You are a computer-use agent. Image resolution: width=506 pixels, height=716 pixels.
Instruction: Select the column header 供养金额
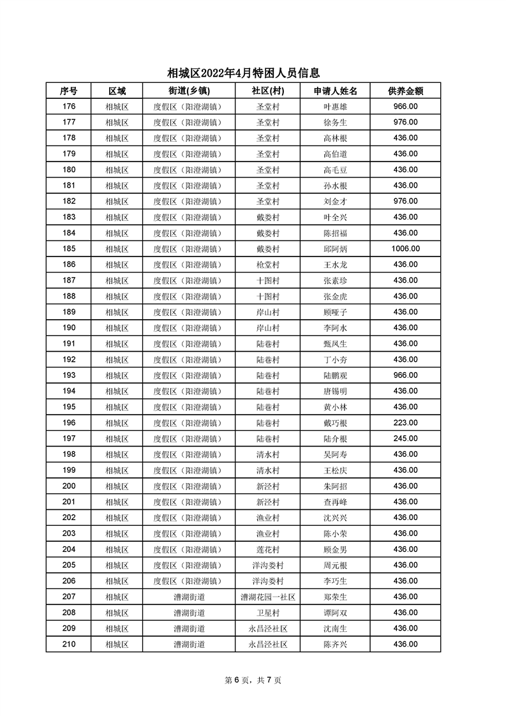(405, 91)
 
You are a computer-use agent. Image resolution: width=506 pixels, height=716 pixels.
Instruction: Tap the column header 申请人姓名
(335, 91)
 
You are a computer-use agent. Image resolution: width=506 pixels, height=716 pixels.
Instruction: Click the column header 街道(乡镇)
(189, 91)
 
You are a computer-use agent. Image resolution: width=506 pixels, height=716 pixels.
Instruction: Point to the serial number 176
(69, 107)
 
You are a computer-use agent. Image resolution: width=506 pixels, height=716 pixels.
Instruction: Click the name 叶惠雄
(335, 107)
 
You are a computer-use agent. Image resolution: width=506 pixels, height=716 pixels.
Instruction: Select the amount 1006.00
(405, 249)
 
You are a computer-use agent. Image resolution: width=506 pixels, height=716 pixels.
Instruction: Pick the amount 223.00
(405, 422)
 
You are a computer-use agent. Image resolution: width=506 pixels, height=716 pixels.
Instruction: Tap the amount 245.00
(405, 438)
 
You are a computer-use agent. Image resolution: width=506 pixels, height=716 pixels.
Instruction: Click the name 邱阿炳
(335, 249)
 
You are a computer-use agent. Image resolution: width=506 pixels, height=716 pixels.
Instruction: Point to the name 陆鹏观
(335, 375)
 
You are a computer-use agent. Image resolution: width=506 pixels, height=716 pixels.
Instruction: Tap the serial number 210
(69, 644)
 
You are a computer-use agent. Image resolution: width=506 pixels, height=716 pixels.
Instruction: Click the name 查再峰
(335, 502)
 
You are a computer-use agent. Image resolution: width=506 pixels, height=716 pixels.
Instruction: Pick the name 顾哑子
(335, 312)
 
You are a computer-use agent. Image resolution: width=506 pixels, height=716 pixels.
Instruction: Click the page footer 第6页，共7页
(253, 680)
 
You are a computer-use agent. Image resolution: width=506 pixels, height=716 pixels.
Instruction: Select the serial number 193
(69, 375)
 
